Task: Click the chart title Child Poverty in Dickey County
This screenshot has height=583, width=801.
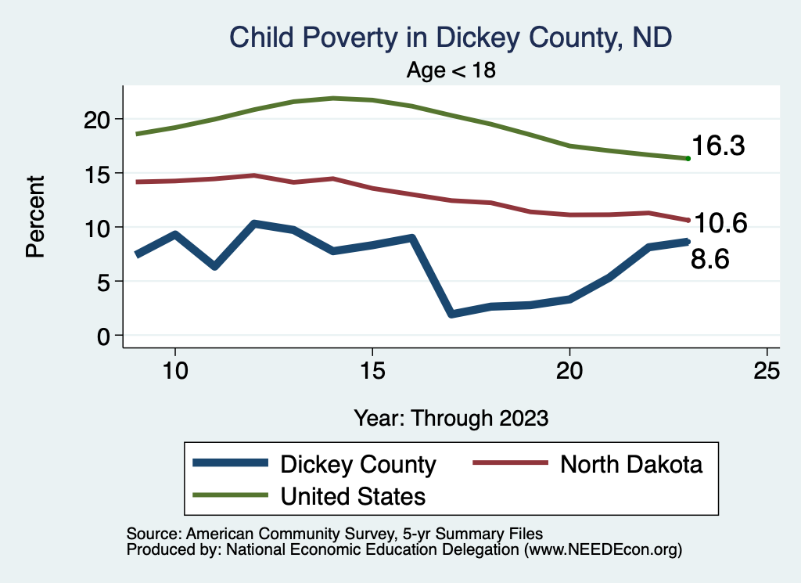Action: [451, 37]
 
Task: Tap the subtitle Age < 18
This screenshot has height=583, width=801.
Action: [451, 70]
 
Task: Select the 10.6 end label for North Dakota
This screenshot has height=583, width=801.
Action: [721, 224]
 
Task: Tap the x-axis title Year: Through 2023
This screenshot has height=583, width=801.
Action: [451, 417]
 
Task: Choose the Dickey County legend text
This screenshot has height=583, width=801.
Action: [357, 464]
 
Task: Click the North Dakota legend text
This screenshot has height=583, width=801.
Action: [631, 464]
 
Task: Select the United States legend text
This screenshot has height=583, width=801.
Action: [353, 496]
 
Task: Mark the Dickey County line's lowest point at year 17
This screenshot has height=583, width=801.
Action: [451, 314]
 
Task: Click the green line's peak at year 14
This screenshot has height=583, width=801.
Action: [333, 99]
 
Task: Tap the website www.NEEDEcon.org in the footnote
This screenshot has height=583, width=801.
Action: [602, 550]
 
